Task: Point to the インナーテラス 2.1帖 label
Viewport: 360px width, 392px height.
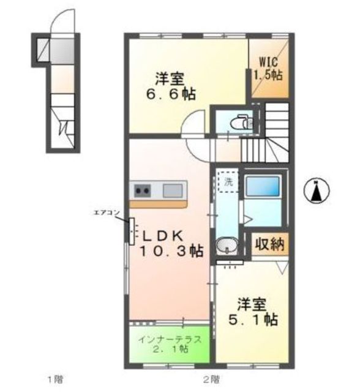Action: point(170,344)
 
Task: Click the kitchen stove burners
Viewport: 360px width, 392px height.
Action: point(143,190)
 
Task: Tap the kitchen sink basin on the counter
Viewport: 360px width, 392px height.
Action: point(173,190)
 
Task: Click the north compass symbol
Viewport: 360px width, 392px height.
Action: point(316,191)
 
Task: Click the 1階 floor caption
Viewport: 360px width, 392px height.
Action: point(56,378)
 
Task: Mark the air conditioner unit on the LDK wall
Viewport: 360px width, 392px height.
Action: point(130,230)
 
